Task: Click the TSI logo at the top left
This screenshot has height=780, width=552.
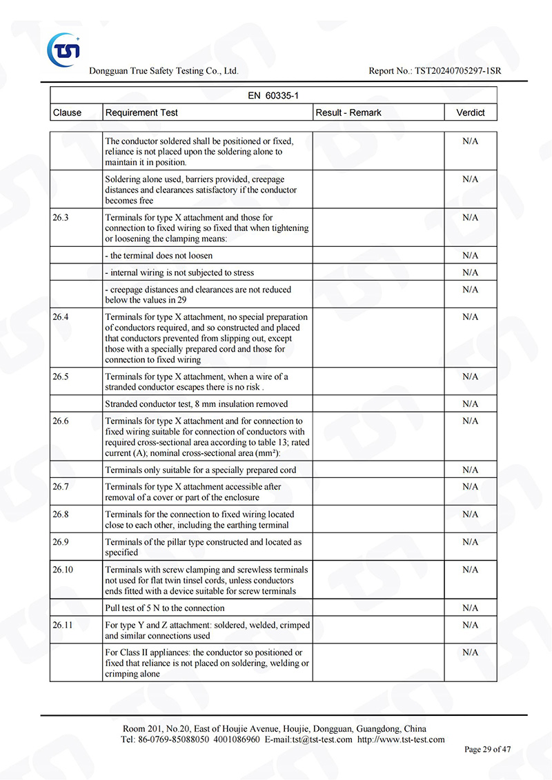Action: click(x=63, y=49)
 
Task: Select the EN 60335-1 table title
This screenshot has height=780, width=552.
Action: click(x=273, y=96)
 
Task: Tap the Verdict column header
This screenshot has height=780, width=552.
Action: click(x=471, y=112)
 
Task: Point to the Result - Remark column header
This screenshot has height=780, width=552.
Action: click(x=348, y=112)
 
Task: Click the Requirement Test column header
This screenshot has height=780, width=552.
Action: click(x=141, y=112)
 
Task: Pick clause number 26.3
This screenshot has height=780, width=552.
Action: click(x=61, y=217)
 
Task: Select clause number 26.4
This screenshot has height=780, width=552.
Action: click(x=61, y=317)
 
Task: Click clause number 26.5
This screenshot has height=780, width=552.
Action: click(x=61, y=377)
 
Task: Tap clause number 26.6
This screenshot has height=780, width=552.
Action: click(x=61, y=421)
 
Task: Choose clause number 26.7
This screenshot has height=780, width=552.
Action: click(x=61, y=487)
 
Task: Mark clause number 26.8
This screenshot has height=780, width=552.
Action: click(x=61, y=514)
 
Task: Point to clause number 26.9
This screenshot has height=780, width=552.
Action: click(x=61, y=542)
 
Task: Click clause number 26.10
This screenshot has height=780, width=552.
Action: click(x=63, y=570)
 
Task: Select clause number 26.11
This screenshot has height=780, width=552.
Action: click(x=63, y=625)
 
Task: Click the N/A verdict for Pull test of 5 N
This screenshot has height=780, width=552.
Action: click(x=471, y=608)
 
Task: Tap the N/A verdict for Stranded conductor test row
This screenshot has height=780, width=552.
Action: click(x=471, y=404)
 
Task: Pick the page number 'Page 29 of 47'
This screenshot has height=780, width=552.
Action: click(x=488, y=750)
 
